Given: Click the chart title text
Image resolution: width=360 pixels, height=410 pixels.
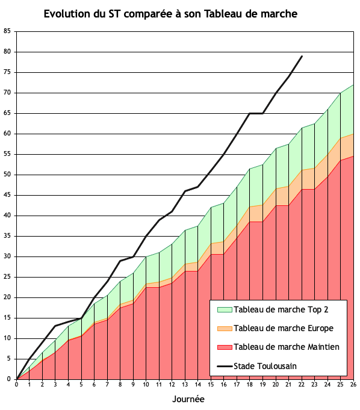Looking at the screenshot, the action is pyautogui.click(x=170, y=14).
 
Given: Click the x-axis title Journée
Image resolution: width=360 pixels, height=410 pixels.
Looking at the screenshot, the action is pyautogui.click(x=188, y=399).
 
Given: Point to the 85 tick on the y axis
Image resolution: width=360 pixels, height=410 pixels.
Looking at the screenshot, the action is pyautogui.click(x=7, y=31).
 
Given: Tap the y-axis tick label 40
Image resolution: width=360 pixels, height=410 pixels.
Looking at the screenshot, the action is pyautogui.click(x=7, y=216).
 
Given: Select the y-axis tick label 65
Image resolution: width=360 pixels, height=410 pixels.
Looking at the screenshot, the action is pyautogui.click(x=7, y=113).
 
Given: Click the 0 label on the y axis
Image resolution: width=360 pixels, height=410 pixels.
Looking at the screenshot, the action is pyautogui.click(x=9, y=379).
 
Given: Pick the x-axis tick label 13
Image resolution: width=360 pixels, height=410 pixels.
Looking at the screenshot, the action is pyautogui.click(x=185, y=385).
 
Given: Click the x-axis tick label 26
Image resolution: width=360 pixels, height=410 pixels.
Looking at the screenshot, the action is pyautogui.click(x=353, y=385).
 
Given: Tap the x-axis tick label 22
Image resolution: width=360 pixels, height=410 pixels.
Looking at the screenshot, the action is pyautogui.click(x=302, y=385).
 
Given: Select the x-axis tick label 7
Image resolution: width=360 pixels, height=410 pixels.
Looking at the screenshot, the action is pyautogui.click(x=107, y=385).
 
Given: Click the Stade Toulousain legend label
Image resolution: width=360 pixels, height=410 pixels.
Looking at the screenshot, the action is pyautogui.click(x=265, y=366).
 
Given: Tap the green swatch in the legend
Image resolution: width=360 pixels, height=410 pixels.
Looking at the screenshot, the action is pyautogui.click(x=225, y=310).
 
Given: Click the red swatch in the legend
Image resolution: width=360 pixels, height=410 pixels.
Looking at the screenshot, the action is pyautogui.click(x=225, y=347).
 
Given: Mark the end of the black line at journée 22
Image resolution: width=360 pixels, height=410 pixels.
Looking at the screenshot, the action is pyautogui.click(x=302, y=56).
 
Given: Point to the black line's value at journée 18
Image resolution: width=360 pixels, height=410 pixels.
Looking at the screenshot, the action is pyautogui.click(x=250, y=113).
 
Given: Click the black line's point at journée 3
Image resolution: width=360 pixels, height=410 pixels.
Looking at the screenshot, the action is pyautogui.click(x=55, y=326).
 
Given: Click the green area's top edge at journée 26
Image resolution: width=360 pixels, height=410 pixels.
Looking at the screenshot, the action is pyautogui.click(x=353, y=85).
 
